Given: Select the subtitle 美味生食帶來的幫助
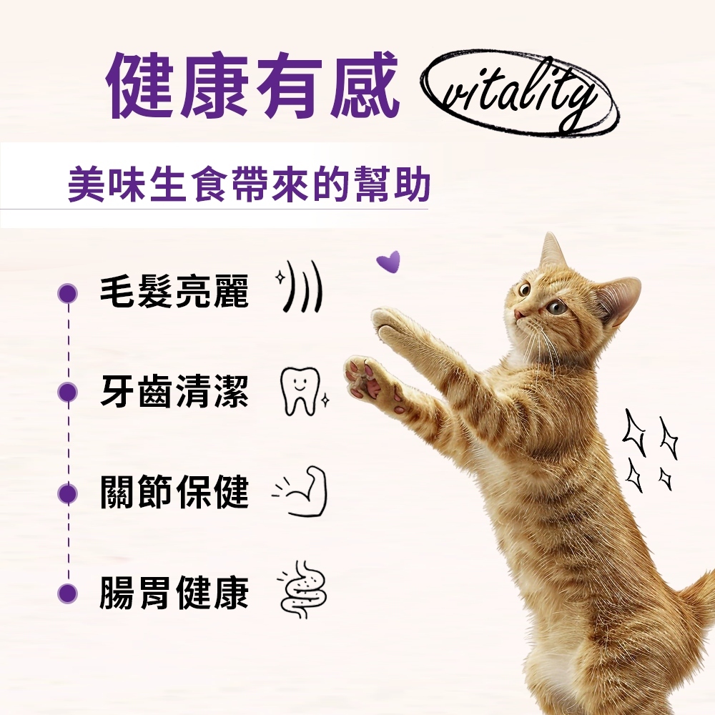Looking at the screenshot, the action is click(x=249, y=185).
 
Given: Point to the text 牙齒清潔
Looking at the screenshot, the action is click(x=174, y=392).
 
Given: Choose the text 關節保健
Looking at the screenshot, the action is click(x=174, y=492).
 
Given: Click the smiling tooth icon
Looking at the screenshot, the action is click(x=300, y=391).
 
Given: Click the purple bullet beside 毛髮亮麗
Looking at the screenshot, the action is click(x=68, y=292).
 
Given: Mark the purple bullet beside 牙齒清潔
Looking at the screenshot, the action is click(x=68, y=392).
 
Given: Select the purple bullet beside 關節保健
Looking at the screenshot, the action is click(x=68, y=493).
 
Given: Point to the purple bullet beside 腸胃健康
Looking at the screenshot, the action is click(x=68, y=593).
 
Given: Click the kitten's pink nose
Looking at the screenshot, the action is click(x=519, y=314).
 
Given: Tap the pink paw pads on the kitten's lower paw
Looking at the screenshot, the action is click(x=365, y=378).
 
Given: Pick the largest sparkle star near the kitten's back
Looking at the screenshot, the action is click(x=635, y=433).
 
